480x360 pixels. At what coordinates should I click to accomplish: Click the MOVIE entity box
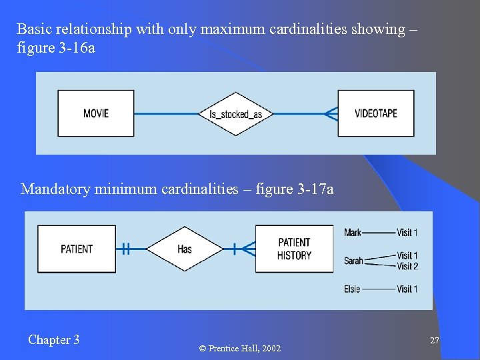96,113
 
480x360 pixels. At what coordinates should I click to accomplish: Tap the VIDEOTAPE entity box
376,113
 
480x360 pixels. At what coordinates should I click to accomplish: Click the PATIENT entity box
77,249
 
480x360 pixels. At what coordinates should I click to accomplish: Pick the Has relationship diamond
185,249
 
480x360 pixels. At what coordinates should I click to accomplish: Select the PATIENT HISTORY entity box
294,249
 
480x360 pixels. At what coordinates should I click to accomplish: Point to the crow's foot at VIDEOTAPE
330,114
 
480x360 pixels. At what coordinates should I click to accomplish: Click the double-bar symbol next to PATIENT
125,249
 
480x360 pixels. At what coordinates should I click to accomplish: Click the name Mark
353,233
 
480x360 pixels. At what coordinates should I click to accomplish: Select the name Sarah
353,261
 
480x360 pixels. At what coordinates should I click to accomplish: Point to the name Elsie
352,289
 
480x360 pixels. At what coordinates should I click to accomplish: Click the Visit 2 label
407,266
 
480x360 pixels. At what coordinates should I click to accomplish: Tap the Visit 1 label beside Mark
407,233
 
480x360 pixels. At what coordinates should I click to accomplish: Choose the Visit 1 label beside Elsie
407,289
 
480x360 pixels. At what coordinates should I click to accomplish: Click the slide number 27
435,341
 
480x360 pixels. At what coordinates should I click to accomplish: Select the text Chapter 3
54,340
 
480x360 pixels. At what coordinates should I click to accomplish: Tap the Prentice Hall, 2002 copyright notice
240,349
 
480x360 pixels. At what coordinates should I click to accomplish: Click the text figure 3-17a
297,189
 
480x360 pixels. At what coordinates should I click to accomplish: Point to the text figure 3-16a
56,48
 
